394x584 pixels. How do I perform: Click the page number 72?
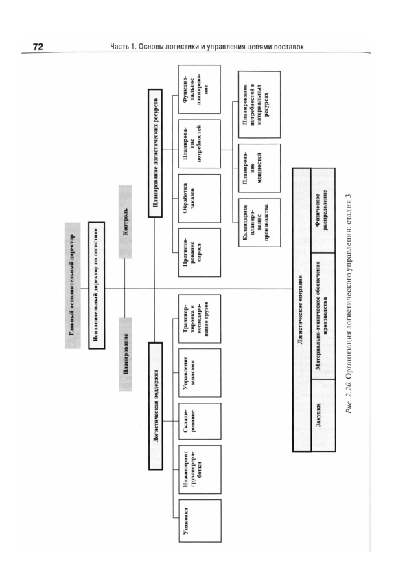pos(38,47)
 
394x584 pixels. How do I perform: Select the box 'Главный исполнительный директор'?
pos(73,285)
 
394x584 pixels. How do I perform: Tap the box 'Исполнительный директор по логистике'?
pos(96,285)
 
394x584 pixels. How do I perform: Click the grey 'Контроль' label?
pos(126,222)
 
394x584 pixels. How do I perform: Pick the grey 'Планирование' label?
pos(126,354)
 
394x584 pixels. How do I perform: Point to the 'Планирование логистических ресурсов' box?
pos(155,153)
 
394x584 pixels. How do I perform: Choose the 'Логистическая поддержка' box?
pos(156,405)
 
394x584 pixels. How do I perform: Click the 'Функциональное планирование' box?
pos(200,89)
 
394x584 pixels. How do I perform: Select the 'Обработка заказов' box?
pos(200,198)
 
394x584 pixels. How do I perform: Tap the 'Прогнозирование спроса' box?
pos(200,253)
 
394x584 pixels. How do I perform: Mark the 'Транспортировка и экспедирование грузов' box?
pos(200,319)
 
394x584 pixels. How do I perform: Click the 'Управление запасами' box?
pos(200,373)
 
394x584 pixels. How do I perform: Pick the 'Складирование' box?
pos(200,421)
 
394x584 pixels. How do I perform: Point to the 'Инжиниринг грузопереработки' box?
pos(200,469)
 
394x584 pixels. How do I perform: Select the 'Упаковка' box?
pos(200,521)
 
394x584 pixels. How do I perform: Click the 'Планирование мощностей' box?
pos(259,168)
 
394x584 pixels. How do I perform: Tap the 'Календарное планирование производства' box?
pos(259,223)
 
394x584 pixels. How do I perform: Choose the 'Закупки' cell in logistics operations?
pos(323,415)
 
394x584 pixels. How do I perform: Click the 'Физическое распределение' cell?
pos(323,210)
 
